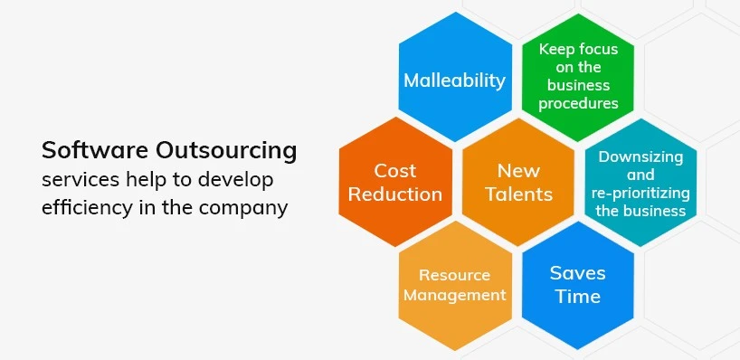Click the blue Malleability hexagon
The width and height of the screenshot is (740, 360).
pyautogui.click(x=454, y=80)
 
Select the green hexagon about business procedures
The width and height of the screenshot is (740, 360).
pyautogui.click(x=578, y=78)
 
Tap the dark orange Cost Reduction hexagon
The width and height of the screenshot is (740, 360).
pyautogui.click(x=395, y=182)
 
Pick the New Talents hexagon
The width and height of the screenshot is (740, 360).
pyautogui.click(x=518, y=182)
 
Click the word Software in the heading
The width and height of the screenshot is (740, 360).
pyautogui.click(x=87, y=149)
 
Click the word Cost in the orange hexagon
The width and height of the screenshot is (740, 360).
pyautogui.click(x=395, y=170)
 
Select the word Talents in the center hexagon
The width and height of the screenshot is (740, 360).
pyautogui.click(x=518, y=194)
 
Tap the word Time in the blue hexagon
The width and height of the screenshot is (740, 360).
pyautogui.click(x=578, y=297)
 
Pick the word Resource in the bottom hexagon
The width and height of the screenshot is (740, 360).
pyautogui.click(x=455, y=275)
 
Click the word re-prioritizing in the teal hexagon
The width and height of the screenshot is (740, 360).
pyautogui.click(x=641, y=194)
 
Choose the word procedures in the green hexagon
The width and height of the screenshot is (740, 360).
pyautogui.click(x=578, y=103)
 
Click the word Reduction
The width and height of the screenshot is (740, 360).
pyautogui.click(x=395, y=194)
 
